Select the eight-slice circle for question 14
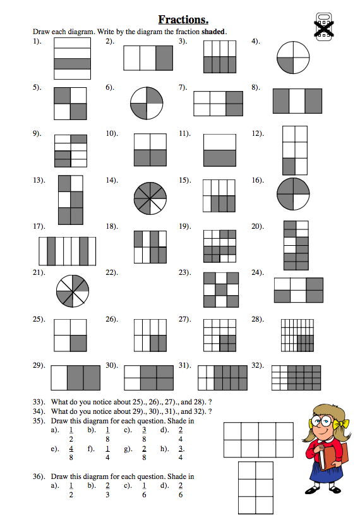point(150,198)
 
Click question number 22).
point(111,272)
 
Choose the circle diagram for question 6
point(147,103)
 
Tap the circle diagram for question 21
point(73,291)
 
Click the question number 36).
point(39,476)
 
